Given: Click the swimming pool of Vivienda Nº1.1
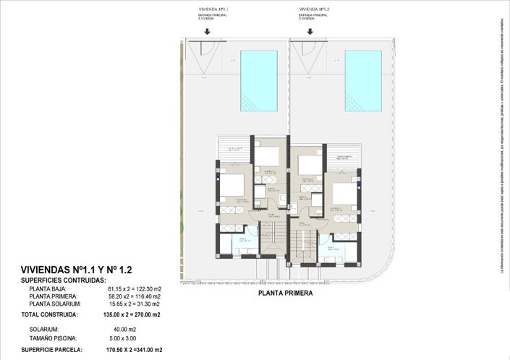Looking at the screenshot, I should [x=259, y=80].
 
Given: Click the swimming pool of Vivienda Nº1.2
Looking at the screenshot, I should [x=362, y=80].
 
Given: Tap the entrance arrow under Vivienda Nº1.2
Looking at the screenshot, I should [x=310, y=31].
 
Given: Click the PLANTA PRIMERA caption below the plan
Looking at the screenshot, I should [x=286, y=294].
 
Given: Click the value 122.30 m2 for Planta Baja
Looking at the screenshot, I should [x=146, y=288].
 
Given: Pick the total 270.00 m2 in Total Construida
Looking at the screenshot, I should [x=145, y=315].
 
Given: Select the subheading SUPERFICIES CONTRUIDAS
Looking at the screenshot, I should [x=64, y=280].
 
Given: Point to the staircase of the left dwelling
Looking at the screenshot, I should [x=273, y=239].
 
